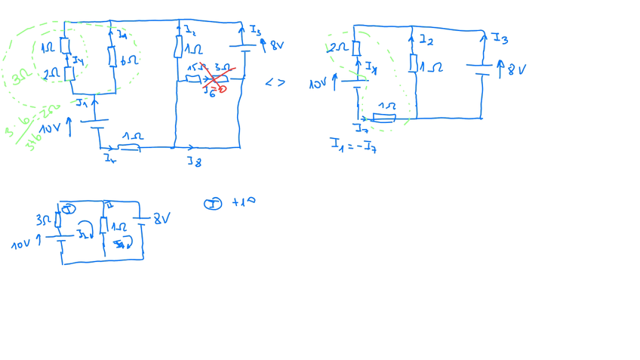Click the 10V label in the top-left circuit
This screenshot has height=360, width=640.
click(50, 129)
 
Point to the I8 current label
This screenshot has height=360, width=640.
click(195, 161)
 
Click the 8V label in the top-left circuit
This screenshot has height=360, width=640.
click(276, 45)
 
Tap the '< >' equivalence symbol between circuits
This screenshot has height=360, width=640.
click(275, 82)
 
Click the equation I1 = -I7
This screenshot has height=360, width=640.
click(353, 145)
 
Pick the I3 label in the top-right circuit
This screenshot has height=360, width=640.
click(500, 38)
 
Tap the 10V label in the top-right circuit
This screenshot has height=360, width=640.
click(318, 84)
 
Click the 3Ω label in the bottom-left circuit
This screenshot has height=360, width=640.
click(43, 220)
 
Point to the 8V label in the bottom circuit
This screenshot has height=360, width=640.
click(162, 219)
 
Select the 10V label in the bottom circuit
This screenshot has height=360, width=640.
click(21, 245)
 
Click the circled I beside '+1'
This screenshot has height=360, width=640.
click(213, 204)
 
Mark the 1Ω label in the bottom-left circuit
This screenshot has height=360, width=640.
click(118, 226)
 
